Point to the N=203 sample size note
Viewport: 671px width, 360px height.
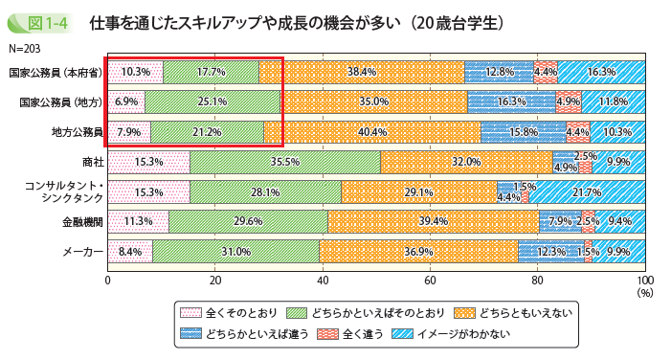point(25,47)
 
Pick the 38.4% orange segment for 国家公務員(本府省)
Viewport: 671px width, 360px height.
point(361,72)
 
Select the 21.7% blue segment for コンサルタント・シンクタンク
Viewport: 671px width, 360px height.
point(586,192)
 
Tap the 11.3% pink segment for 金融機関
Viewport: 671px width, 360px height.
point(138,222)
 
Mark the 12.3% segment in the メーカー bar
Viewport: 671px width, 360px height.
point(550,252)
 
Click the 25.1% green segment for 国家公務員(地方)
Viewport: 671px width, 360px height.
point(212,101)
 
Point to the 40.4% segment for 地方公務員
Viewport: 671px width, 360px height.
point(371,132)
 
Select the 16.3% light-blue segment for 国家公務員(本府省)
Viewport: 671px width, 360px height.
point(600,72)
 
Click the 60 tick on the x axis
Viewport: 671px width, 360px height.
point(430,280)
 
